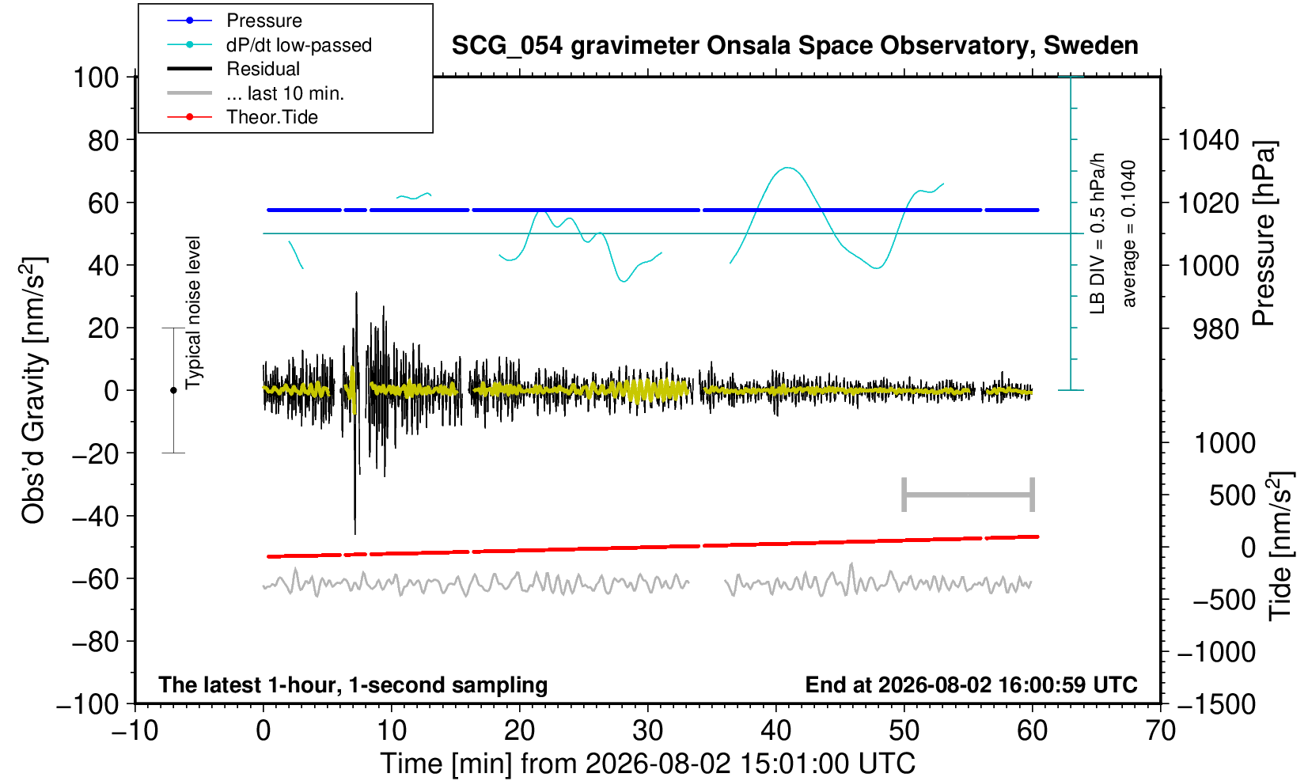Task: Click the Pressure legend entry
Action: point(235,21)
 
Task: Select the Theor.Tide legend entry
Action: point(242,117)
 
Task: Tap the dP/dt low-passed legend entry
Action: point(269,45)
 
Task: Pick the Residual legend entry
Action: point(233,69)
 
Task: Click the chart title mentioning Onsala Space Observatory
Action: point(794,46)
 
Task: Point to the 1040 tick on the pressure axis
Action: point(1208,140)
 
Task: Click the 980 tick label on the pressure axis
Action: point(1215,329)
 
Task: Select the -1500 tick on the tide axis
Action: point(1215,704)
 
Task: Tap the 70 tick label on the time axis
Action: point(1160,731)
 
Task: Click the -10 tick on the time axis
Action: point(135,731)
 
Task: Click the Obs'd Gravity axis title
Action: point(34,390)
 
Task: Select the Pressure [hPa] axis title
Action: point(1264,233)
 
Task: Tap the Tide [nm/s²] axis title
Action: point(1281,545)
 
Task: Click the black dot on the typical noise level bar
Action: point(173,390)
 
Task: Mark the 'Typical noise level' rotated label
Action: point(193,313)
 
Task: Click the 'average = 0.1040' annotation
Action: point(1128,233)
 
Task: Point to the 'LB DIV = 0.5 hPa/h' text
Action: point(1098,233)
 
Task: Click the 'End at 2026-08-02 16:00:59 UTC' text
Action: point(971,684)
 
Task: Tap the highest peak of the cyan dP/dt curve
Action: point(787,168)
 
